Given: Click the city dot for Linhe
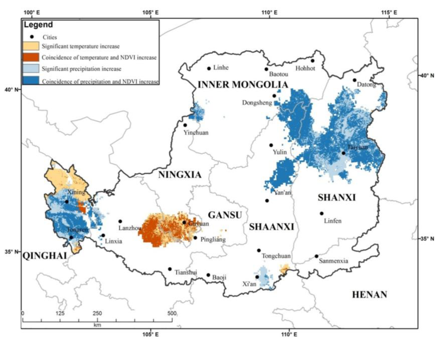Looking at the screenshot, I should pyautogui.click(x=209, y=68).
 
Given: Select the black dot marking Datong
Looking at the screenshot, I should pyautogui.click(x=354, y=80).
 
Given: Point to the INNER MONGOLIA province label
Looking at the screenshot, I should pyautogui.click(x=243, y=85).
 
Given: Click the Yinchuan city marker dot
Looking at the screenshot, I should pyautogui.click(x=185, y=125).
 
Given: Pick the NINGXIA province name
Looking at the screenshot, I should pyautogui.click(x=180, y=175).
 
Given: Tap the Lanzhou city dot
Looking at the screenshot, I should pyautogui.click(x=120, y=221).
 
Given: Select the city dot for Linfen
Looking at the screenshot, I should pyautogui.click(x=322, y=213).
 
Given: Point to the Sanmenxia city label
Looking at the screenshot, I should pyautogui.click(x=334, y=261).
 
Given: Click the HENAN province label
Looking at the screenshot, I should pyautogui.click(x=370, y=295).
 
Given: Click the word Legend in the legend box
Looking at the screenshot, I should pyautogui.click(x=38, y=25).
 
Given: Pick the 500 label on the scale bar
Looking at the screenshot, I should pyautogui.click(x=172, y=314).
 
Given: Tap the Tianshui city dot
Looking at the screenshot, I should pyautogui.click(x=170, y=269).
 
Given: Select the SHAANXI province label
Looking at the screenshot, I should pyautogui.click(x=271, y=227).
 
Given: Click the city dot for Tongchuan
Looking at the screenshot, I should pyautogui.click(x=259, y=250).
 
